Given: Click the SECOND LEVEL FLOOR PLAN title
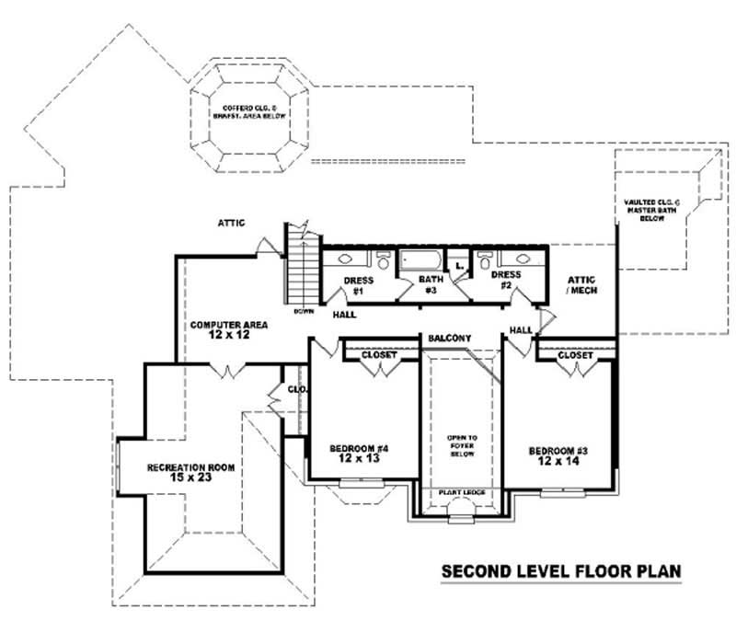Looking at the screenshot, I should pos(561,571).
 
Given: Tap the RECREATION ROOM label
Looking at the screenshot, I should pos(191,467).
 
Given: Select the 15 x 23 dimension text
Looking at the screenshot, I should pos(191,479).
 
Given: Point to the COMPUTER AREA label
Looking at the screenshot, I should pos(222,325).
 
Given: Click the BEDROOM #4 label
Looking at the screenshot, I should pos(360,448).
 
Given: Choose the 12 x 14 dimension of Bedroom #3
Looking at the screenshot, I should pos(559,463).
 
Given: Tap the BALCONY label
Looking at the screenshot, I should pos(449,339).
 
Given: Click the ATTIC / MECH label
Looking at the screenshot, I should pos(581,285).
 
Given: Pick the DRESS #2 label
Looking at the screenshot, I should pos(506,279).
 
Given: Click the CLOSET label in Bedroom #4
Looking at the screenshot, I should pos(378,353).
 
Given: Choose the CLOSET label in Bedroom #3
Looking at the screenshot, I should pos(575,354).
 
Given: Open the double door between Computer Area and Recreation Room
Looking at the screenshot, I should pos(226,370).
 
